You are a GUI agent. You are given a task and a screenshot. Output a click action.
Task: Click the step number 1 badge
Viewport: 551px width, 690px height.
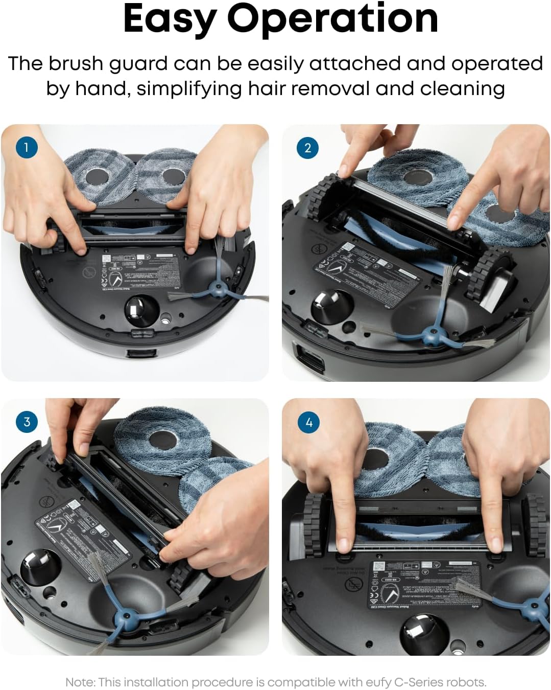pos(27,148)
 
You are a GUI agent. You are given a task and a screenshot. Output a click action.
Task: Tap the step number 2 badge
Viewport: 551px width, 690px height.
pos(307,148)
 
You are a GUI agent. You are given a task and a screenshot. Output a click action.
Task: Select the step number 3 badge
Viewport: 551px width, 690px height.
pos(27,422)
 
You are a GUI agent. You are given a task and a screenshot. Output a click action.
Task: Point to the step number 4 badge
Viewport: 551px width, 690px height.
pos(308,423)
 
